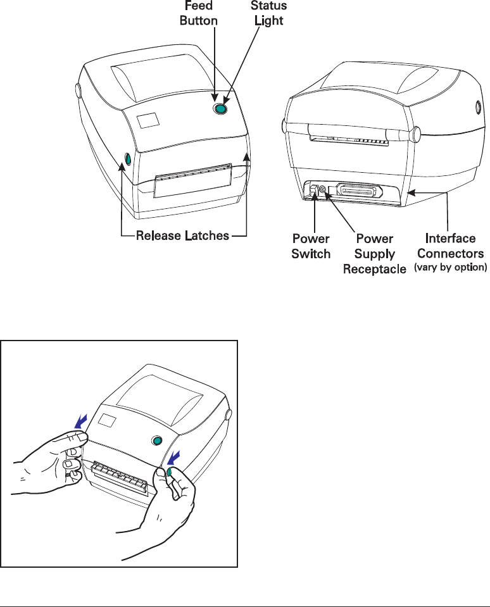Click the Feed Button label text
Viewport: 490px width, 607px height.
pos(199,13)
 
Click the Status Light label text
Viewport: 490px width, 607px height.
pos(268,13)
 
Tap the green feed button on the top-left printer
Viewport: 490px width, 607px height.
pos(220,110)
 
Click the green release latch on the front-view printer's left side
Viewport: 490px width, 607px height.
pos(125,159)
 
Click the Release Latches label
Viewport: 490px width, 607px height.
pos(183,237)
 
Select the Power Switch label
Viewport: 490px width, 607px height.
pos(311,246)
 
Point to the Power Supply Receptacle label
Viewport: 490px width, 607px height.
pos(375,254)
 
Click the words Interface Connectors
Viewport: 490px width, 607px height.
pos(450,246)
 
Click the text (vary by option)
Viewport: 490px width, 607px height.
pos(450,268)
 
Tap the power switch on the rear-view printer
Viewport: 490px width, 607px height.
pos(313,189)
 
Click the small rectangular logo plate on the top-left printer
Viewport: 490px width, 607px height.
pos(148,120)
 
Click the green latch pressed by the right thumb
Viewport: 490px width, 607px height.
pos(171,472)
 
